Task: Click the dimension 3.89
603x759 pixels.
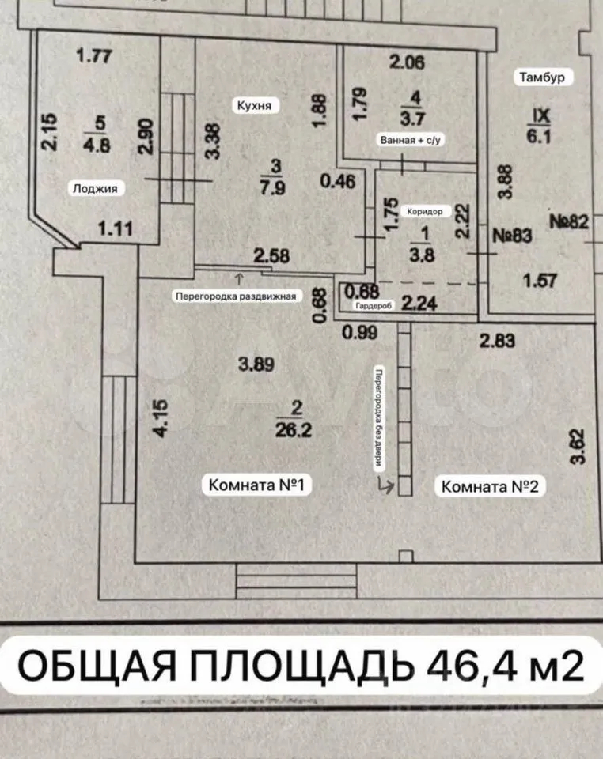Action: click(257, 364)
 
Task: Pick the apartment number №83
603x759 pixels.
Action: click(515, 235)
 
